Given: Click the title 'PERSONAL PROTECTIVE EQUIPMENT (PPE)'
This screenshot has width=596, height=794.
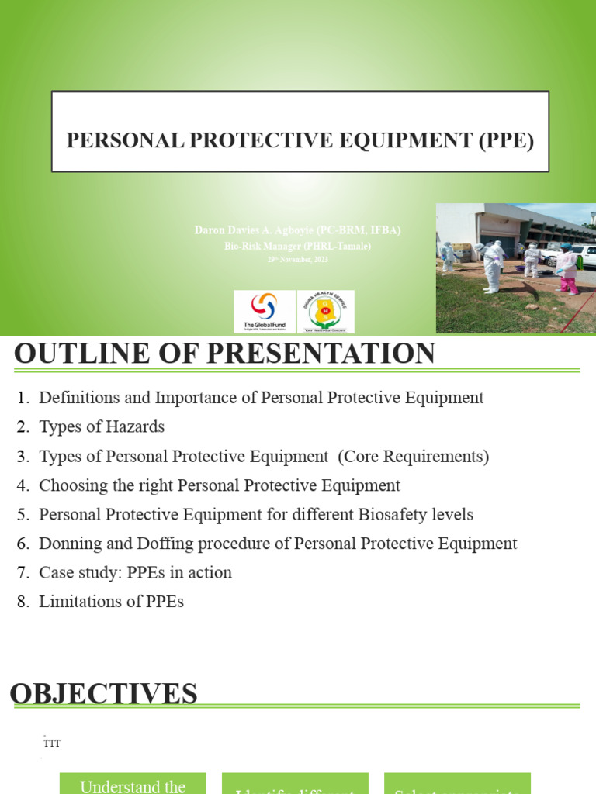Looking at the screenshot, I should [300, 140].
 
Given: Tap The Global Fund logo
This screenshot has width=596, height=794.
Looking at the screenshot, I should [264, 312].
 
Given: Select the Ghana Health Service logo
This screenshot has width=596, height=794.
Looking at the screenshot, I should [326, 312].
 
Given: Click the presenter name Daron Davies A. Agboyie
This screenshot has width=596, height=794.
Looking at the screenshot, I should [298, 230].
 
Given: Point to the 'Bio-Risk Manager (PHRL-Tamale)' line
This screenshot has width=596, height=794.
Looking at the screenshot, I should [298, 246].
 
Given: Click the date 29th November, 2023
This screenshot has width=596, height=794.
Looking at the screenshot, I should [298, 260].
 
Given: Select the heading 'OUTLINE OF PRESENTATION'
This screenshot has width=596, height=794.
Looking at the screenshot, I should [224, 354].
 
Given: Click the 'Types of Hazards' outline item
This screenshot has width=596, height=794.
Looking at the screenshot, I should [101, 426].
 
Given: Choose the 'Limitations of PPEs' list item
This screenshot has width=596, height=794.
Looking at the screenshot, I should [111, 601].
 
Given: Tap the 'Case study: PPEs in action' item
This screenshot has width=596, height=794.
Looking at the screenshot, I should [135, 572].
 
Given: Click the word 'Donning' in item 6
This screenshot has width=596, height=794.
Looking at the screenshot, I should [68, 544].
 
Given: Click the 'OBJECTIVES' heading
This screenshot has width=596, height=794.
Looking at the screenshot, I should [103, 693].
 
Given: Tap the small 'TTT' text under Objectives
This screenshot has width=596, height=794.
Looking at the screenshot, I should [52, 744].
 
